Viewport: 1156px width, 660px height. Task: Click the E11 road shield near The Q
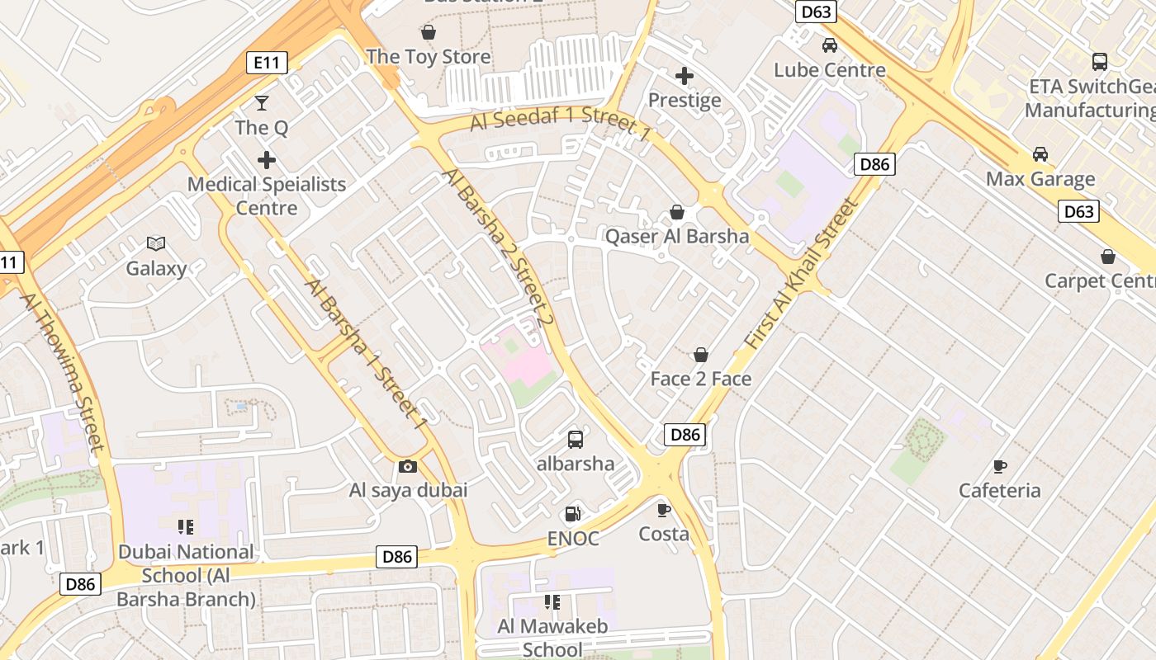pyautogui.click(x=267, y=62)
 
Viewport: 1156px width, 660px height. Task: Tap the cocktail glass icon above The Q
pyautogui.click(x=262, y=103)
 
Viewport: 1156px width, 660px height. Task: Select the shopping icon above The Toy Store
pyautogui.click(x=429, y=32)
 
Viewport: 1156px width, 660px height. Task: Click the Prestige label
pyautogui.click(x=685, y=101)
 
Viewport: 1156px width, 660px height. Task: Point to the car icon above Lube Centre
pyautogui.click(x=830, y=45)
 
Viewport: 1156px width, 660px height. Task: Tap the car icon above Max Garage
pyautogui.click(x=1040, y=154)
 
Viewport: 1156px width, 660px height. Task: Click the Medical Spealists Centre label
pyautogui.click(x=267, y=196)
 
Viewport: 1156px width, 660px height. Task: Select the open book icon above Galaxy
pyautogui.click(x=156, y=243)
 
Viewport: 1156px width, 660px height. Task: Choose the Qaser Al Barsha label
pyautogui.click(x=677, y=237)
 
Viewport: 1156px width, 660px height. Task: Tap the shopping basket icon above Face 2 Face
pyautogui.click(x=701, y=355)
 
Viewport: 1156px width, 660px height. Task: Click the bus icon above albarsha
pyautogui.click(x=576, y=440)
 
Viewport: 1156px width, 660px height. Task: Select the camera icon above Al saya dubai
pyautogui.click(x=408, y=466)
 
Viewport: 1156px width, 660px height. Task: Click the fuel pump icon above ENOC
pyautogui.click(x=572, y=515)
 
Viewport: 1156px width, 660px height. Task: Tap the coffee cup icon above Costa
pyautogui.click(x=663, y=510)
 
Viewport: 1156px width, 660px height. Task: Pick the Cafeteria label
pyautogui.click(x=999, y=491)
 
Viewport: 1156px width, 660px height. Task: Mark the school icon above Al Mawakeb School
pyautogui.click(x=552, y=603)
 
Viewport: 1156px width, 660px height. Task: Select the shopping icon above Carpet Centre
pyautogui.click(x=1107, y=257)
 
